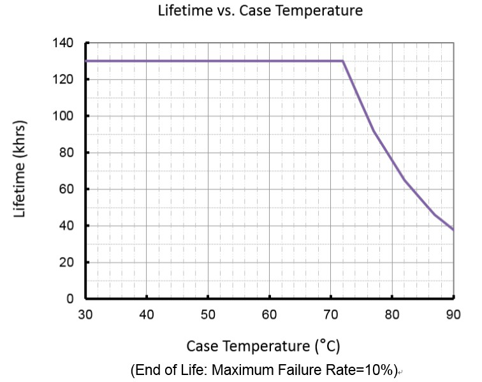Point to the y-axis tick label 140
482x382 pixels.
(x=66, y=43)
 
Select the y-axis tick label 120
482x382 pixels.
(x=66, y=80)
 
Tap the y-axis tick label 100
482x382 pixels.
(x=66, y=116)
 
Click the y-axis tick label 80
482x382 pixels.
(x=69, y=153)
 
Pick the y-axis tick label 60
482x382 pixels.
(x=69, y=189)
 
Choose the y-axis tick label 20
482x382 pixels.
(x=69, y=262)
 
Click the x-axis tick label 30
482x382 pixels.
(x=85, y=314)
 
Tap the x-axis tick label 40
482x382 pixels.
(x=147, y=314)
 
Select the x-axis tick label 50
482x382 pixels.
(x=208, y=314)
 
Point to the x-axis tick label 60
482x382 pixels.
(x=269, y=314)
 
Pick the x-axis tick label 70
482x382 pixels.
(x=330, y=314)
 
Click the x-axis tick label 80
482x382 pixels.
(x=391, y=314)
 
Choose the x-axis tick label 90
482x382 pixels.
(x=453, y=314)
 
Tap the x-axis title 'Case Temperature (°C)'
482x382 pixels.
(x=263, y=346)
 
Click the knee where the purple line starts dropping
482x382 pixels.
(x=343, y=61)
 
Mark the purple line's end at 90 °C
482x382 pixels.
(x=453, y=230)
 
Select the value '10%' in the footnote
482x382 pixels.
(x=378, y=370)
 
